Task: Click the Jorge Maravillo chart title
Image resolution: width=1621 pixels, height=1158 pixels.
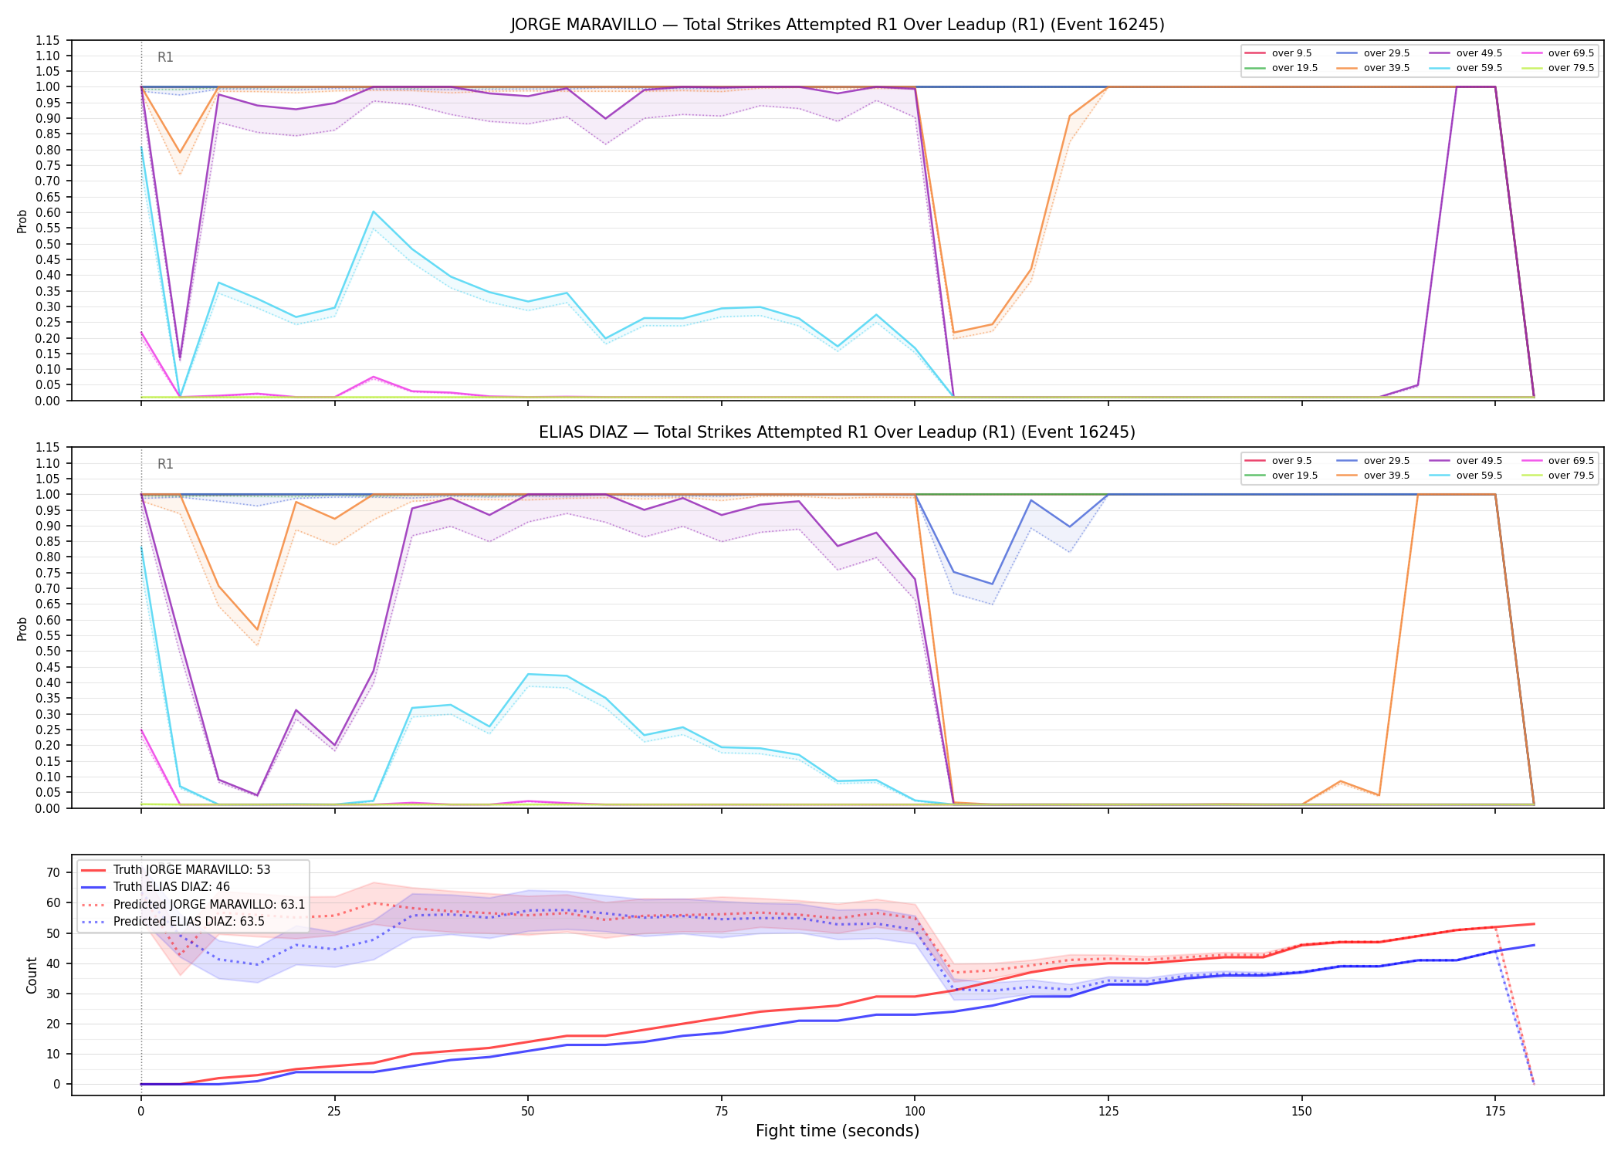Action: coord(838,25)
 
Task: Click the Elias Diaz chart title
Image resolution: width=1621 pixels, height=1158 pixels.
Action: coord(838,432)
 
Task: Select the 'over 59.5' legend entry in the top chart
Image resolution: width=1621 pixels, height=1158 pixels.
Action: coord(1471,68)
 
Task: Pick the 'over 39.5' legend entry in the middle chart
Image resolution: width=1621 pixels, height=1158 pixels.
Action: coord(1379,476)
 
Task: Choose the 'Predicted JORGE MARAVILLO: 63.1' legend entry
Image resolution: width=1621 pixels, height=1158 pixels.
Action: coord(193,904)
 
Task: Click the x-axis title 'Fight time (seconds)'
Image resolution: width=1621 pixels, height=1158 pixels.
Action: coord(838,1131)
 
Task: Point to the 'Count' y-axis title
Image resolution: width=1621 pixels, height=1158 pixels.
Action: coord(32,975)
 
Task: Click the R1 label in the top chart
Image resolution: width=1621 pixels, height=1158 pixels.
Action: coord(165,57)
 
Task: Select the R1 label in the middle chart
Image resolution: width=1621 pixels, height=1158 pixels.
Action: coord(165,464)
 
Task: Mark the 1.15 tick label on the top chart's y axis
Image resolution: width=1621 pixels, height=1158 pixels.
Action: coord(48,40)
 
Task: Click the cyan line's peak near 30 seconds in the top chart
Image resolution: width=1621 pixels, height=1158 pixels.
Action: coord(374,212)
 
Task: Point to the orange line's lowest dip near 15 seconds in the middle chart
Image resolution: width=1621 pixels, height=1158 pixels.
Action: coord(257,630)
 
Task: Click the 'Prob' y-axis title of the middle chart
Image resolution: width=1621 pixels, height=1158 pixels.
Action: coord(22,628)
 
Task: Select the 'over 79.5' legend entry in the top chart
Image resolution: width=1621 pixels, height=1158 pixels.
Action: coord(1563,68)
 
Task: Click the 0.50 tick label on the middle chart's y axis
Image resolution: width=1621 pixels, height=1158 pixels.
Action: coord(48,651)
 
